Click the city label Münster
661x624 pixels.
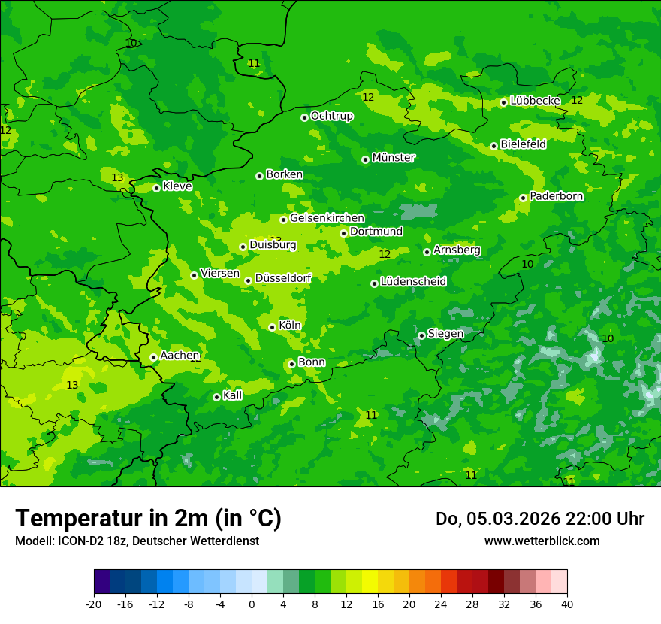393,158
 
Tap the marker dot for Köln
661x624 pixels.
272,327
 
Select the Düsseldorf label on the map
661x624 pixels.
282,279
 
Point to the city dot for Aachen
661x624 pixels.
153,358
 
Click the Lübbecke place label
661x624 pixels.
535,101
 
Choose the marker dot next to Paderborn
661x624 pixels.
523,198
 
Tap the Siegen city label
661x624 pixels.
445,334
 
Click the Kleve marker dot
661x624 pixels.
156,188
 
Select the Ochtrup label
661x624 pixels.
331,116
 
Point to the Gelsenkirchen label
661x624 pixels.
327,218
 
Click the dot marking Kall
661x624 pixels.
216,397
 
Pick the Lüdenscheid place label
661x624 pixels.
413,282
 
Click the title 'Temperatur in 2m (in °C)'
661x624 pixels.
148,519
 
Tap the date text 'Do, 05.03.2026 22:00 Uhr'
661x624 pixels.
539,519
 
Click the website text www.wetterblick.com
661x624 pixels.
542,541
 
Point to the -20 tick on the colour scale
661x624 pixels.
94,604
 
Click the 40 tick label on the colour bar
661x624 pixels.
566,604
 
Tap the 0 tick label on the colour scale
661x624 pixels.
252,604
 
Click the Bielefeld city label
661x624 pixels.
523,144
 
